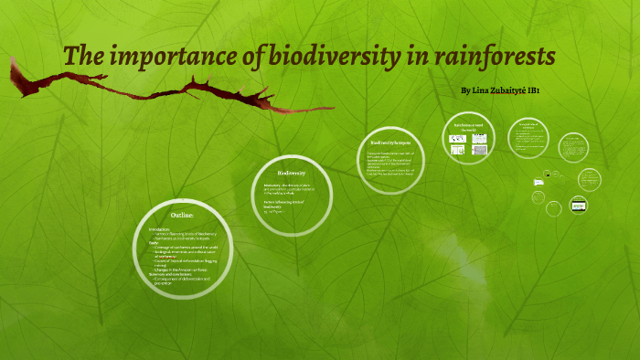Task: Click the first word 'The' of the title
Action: (x=82, y=57)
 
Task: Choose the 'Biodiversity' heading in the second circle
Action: (x=291, y=172)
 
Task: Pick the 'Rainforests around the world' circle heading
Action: (x=467, y=127)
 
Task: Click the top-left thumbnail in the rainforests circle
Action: (x=459, y=139)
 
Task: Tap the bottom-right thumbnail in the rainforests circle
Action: (x=478, y=150)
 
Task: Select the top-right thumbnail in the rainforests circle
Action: (x=478, y=139)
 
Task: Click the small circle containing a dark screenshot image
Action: (x=578, y=205)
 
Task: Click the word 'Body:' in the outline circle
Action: (x=155, y=242)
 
